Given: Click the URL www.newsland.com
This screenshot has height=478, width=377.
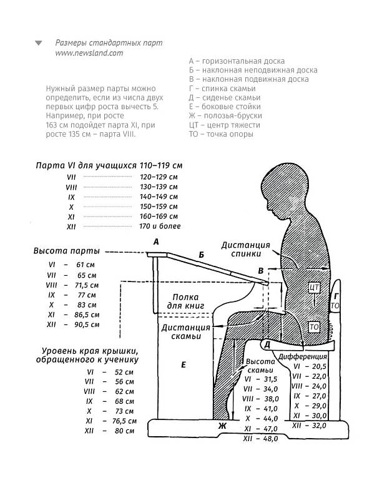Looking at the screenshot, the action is pos(89,53).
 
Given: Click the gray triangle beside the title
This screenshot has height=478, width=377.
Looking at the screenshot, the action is pos(39,43).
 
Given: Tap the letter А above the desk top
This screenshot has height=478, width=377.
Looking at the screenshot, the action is pos(156,242).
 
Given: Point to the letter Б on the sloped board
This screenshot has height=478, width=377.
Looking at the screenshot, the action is pos(202,255).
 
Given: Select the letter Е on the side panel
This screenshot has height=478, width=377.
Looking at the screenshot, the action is pos(184,364).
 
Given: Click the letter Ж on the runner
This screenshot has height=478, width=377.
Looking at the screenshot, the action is pos(222,426).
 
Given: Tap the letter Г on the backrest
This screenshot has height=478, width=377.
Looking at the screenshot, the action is pos(336,296).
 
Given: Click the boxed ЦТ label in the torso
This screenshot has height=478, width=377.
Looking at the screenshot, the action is pos(314,287).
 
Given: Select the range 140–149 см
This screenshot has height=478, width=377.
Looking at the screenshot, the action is pos(159,197).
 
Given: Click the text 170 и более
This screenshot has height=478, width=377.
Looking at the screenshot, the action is pos(160,226).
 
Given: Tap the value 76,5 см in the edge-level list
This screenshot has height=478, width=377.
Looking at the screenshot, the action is pos(124,421).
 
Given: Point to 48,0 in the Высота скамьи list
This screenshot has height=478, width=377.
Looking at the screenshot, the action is pos(270,439).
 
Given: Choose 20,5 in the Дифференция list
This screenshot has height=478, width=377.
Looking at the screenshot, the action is pos(319,366).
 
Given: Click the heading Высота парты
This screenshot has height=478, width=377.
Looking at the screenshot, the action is pos(67,251).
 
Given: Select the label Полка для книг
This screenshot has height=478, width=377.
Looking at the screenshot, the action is pos(185,301).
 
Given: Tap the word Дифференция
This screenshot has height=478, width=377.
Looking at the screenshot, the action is pos(303,356).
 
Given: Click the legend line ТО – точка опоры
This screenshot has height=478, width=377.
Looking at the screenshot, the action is pos(221,134).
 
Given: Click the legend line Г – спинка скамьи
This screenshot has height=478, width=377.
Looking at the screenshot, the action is pos(222,89).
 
